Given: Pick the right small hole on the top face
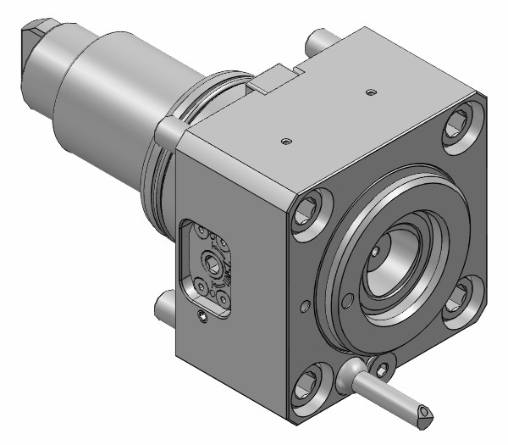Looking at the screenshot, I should (x=369, y=91).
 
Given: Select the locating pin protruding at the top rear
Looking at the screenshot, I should (x=320, y=39).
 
